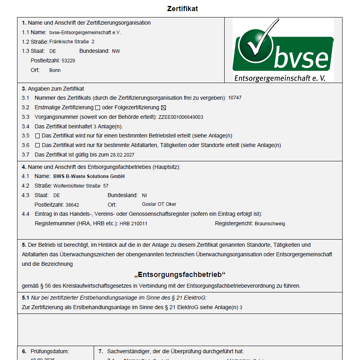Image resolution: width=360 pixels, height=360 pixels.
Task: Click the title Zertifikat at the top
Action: pyautogui.click(x=182, y=9)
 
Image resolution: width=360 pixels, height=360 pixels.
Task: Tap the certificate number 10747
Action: pyautogui.click(x=235, y=98)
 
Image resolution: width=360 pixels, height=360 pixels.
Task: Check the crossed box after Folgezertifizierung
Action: pyautogui.click(x=163, y=108)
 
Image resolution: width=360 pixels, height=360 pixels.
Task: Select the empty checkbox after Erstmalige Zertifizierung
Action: pyautogui.click(x=97, y=108)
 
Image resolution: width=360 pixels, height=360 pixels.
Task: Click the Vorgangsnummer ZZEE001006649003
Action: pyautogui.click(x=181, y=117)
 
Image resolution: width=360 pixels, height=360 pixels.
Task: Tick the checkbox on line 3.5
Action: pyautogui.click(x=38, y=136)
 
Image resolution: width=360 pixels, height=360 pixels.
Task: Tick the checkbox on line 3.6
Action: pyautogui.click(x=38, y=145)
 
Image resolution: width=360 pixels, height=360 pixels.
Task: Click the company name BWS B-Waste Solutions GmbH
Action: pyautogui.click(x=89, y=176)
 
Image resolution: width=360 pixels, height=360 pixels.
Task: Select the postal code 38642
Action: pyautogui.click(x=72, y=205)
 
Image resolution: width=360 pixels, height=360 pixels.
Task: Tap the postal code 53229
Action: pyautogui.click(x=68, y=61)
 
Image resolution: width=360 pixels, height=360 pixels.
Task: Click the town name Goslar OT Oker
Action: pyautogui.click(x=159, y=205)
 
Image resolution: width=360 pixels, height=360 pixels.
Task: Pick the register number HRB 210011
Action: pyautogui.click(x=133, y=224)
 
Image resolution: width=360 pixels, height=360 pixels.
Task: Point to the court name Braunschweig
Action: pyautogui.click(x=270, y=224)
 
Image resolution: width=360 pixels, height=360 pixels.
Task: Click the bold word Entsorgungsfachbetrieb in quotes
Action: pyautogui.click(x=180, y=275)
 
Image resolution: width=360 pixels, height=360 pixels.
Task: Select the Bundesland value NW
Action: pyautogui.click(x=116, y=51)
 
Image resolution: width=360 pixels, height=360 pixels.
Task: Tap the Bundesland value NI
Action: pyautogui.click(x=144, y=195)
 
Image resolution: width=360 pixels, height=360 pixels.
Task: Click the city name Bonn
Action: pyautogui.click(x=55, y=70)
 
